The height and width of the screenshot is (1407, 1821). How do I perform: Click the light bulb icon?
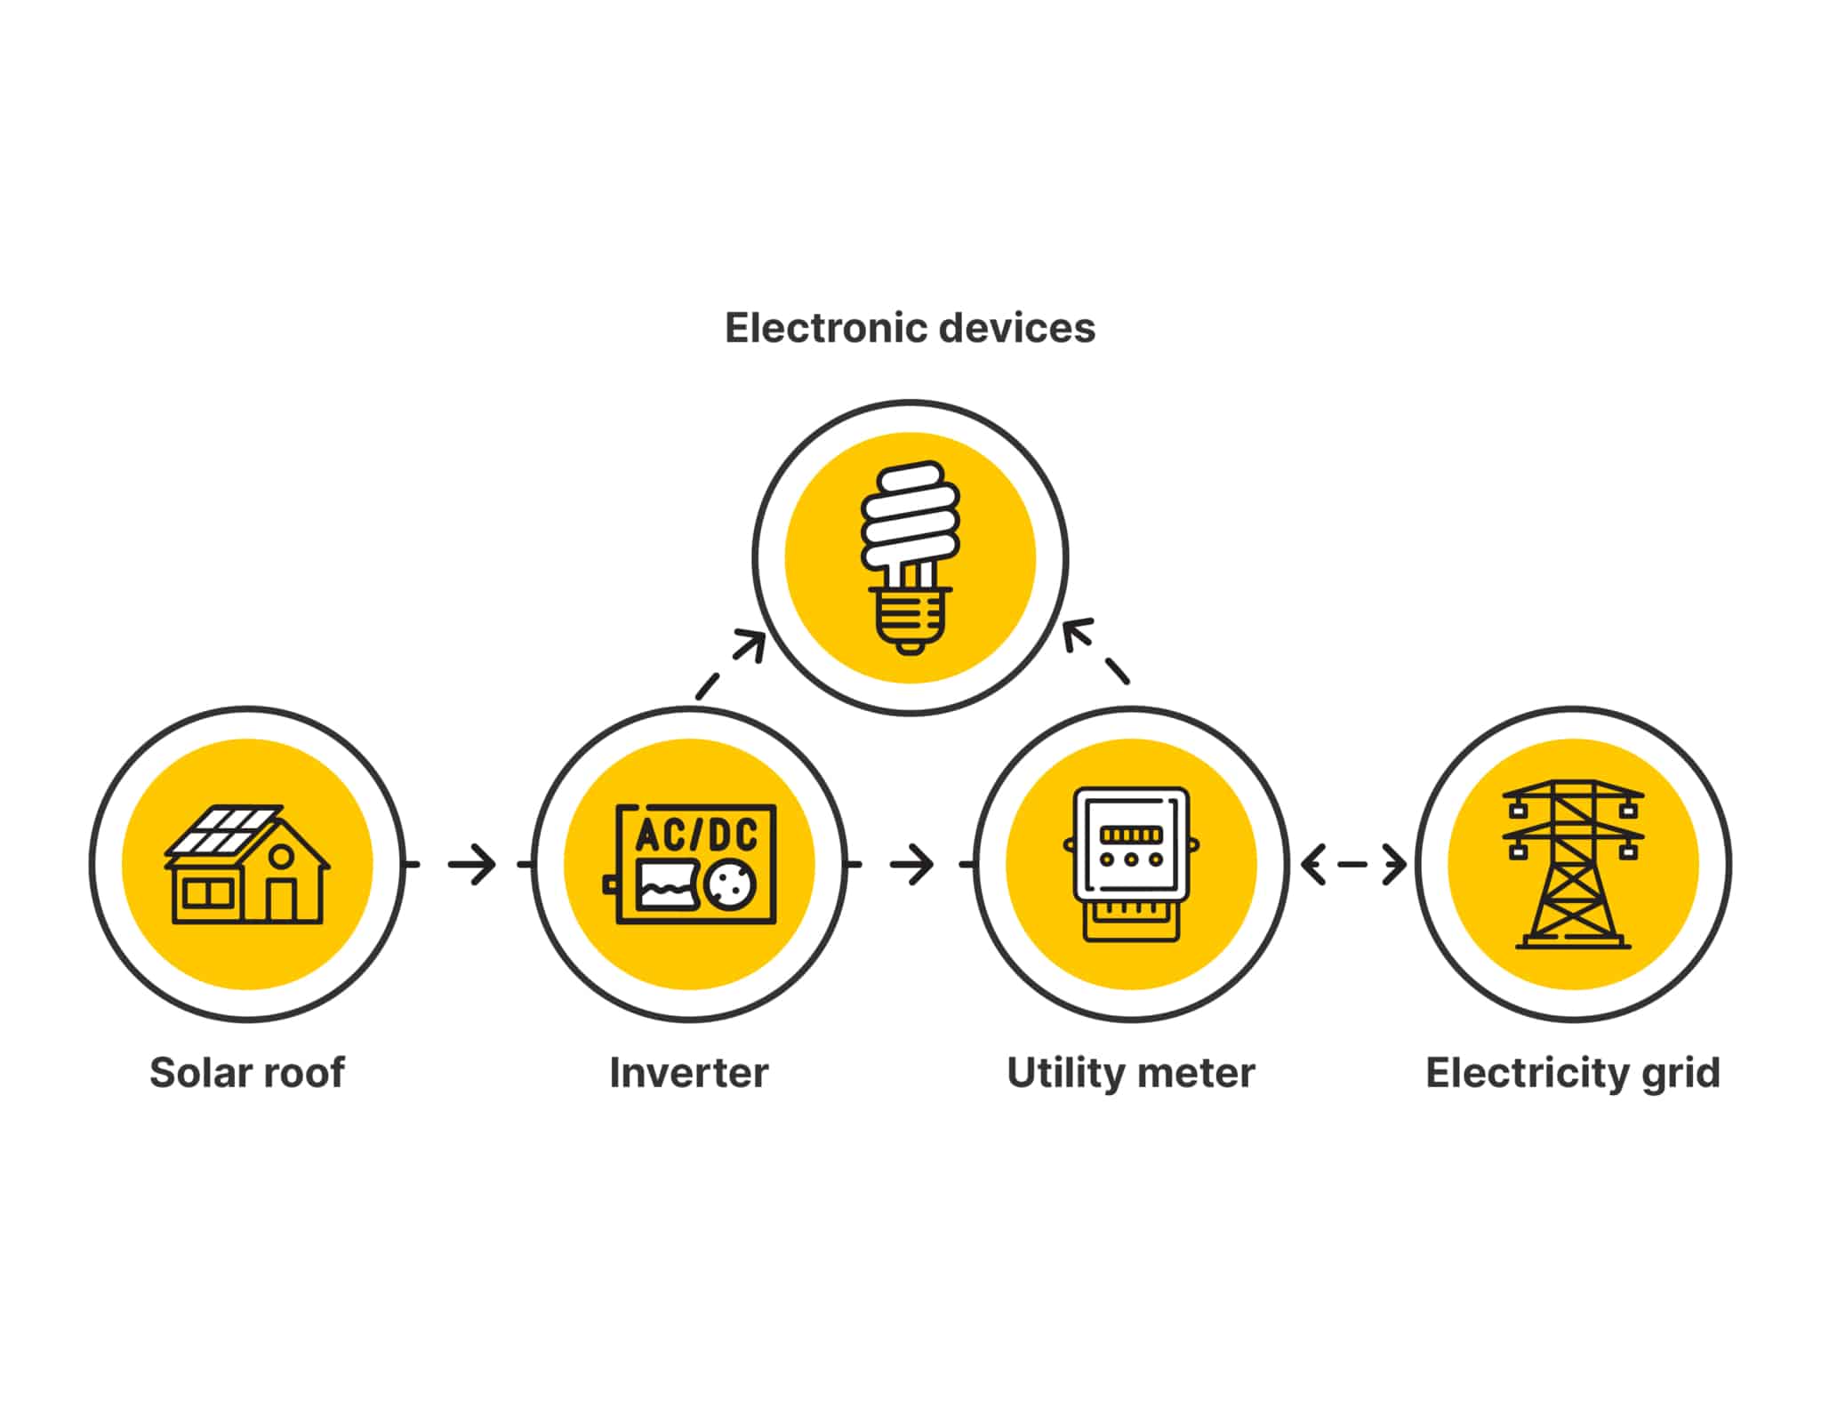click(x=910, y=557)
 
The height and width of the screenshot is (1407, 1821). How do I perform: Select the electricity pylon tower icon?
click(x=1573, y=864)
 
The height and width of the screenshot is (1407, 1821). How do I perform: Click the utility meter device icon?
click(x=1130, y=862)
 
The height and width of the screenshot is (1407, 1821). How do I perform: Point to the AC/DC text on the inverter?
click(x=696, y=835)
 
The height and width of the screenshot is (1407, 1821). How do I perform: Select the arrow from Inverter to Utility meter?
click(x=911, y=864)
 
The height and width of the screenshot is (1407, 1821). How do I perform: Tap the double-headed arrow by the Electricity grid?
click(x=1352, y=864)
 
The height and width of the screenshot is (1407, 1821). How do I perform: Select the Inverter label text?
click(x=688, y=1073)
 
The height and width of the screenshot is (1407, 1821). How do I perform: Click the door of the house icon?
click(x=281, y=899)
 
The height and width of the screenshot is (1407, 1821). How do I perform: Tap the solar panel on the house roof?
click(x=223, y=829)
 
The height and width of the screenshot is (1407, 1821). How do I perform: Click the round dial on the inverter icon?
click(x=730, y=884)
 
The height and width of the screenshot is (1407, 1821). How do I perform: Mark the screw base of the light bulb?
click(x=909, y=619)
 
